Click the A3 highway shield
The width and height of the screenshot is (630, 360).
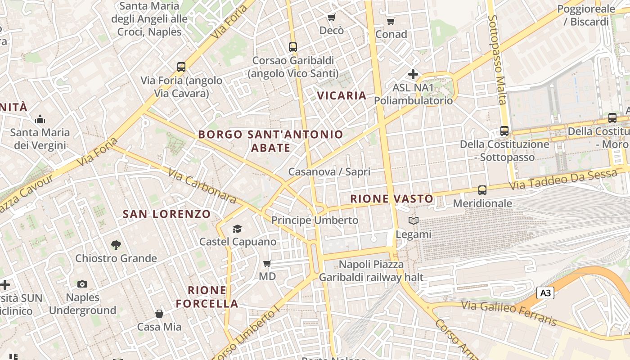[545, 293]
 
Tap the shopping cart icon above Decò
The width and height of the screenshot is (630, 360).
[332, 18]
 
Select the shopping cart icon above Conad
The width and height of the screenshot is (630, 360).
[391, 21]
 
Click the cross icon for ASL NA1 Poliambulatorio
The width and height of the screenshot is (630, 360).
[413, 74]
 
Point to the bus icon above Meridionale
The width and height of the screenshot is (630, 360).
[482, 190]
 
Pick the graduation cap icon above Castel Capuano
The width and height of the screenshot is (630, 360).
[238, 229]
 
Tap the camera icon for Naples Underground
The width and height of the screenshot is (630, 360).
[82, 284]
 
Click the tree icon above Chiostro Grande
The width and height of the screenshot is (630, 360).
[116, 245]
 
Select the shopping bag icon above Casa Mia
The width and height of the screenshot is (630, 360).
[159, 314]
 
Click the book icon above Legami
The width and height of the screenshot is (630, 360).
[413, 221]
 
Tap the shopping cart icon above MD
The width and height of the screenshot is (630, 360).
[267, 263]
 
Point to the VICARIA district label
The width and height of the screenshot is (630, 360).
[342, 95]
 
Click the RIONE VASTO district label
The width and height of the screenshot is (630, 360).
[391, 198]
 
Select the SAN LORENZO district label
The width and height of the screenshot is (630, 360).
[166, 214]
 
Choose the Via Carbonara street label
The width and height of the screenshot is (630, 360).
[202, 186]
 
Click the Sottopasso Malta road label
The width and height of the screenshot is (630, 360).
[497, 59]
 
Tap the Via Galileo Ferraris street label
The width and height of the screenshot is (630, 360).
[508, 313]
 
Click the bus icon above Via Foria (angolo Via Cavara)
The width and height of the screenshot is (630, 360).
[181, 67]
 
